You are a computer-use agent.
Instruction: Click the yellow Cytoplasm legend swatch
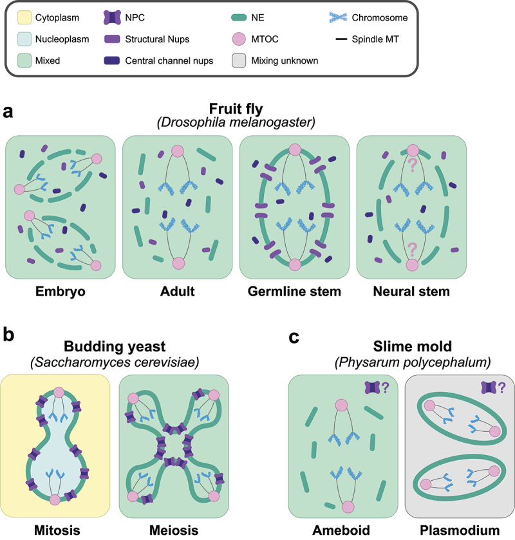coord(26,18)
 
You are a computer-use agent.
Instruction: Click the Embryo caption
coord(60,292)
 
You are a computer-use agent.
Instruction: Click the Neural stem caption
coord(412,292)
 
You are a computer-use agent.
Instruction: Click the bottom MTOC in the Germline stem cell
coord(295,265)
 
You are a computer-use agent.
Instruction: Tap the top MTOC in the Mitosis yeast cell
coord(60,393)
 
